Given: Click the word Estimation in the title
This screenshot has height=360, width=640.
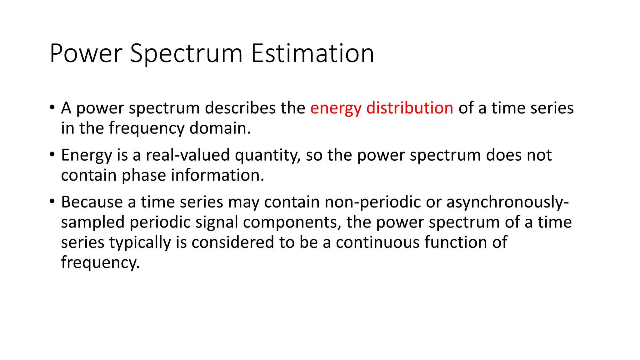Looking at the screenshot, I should pos(312,53).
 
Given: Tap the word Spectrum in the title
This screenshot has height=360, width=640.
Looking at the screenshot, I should pos(186,53).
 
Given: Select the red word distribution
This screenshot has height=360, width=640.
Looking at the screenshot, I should pos(410,108).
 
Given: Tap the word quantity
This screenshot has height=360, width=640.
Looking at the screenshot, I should pos(267,155).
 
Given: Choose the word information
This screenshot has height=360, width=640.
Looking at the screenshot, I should pos(217,175).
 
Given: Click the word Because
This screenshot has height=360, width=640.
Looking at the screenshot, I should pos(92,202).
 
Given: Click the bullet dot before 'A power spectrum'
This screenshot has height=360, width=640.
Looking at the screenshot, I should pos(52,108).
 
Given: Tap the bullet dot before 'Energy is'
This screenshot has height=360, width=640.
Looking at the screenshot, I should pos(52,155).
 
